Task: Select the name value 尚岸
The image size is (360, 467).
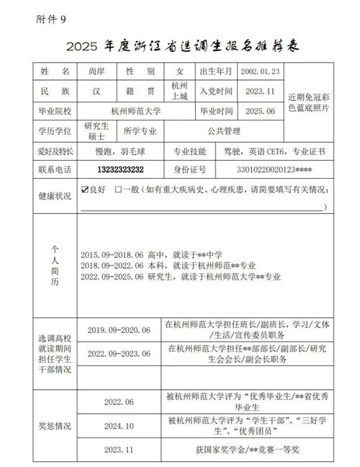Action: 96,71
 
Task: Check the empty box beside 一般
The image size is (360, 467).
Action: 117,190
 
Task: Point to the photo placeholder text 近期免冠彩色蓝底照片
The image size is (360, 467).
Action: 309,102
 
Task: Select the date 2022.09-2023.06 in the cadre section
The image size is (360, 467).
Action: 118,354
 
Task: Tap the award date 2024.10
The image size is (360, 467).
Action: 119,425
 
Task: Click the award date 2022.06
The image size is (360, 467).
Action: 119,401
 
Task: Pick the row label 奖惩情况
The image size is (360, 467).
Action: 55,425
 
